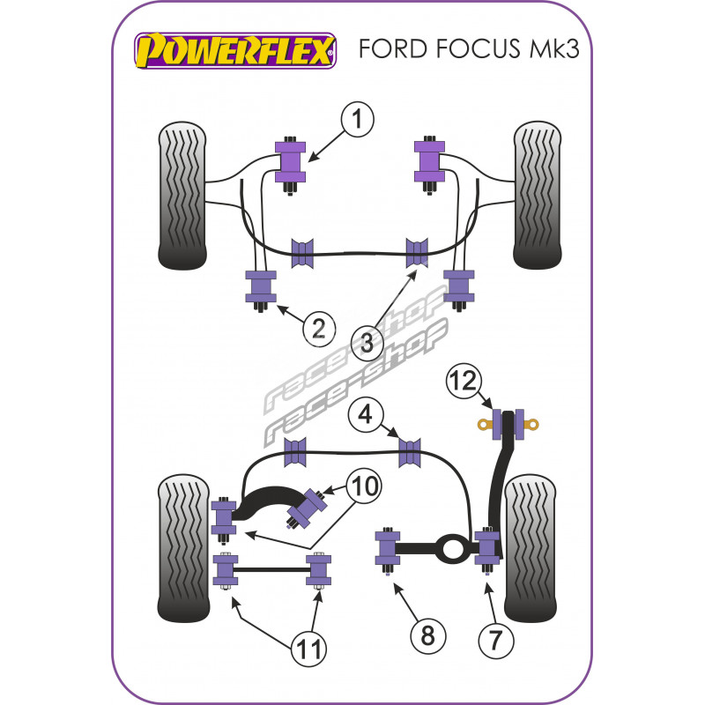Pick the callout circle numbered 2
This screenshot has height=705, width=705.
pos(319,329)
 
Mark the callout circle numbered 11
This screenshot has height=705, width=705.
pos(308,650)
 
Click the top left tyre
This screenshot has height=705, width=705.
pos(183,196)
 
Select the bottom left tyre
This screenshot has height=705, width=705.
pos(182,546)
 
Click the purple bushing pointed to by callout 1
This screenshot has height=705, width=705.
pos(291,161)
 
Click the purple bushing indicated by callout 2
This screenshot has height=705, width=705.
pos(260,286)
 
